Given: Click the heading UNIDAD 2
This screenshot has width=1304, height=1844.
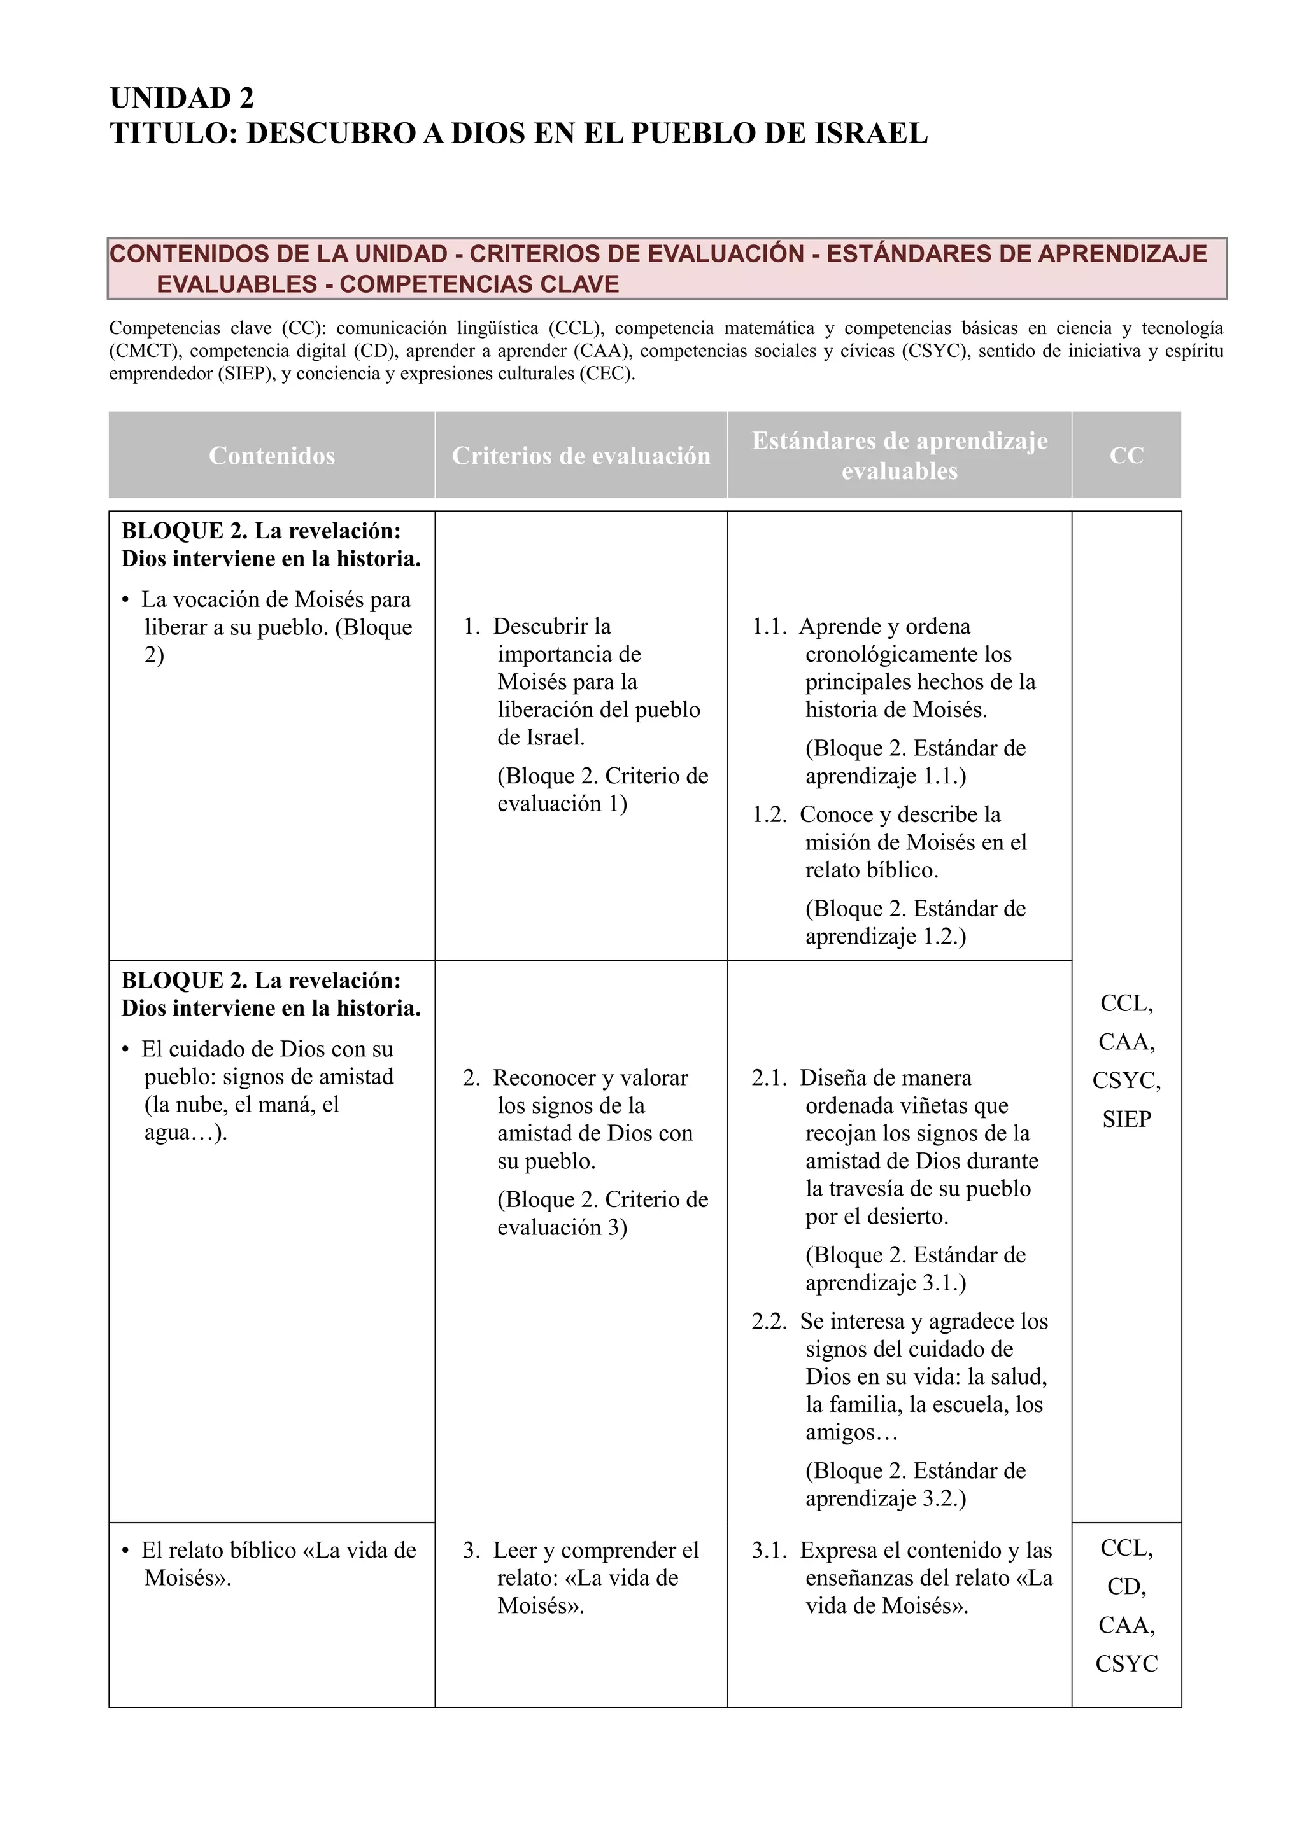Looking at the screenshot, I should [x=181, y=98].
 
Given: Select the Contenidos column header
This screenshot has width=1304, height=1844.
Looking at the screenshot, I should [x=272, y=456].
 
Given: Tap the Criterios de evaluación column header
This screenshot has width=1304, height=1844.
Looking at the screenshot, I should [x=581, y=456].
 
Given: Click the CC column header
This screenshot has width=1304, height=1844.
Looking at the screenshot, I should [x=1126, y=456].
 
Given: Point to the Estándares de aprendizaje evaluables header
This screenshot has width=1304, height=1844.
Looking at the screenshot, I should [x=899, y=456].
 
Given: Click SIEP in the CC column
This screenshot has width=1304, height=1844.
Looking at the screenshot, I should [x=1126, y=1119].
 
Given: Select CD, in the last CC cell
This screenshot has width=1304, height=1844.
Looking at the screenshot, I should [x=1126, y=1586].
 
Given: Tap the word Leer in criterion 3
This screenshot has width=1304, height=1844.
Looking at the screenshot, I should [x=515, y=1550].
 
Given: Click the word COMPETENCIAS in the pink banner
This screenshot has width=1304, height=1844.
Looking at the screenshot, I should [x=414, y=284].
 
